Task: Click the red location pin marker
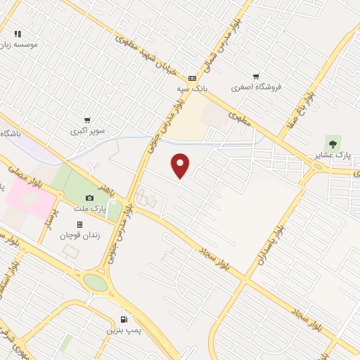click(x=181, y=165)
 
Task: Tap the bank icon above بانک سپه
click(x=192, y=79)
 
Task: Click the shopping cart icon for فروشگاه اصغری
click(x=256, y=77)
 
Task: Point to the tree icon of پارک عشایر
click(x=333, y=144)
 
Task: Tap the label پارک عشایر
click(x=333, y=155)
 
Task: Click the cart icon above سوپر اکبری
click(x=87, y=120)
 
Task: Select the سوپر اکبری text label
click(x=87, y=131)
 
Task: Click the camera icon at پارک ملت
click(x=89, y=198)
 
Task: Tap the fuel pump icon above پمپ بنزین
click(x=124, y=319)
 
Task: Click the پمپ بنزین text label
click(x=120, y=330)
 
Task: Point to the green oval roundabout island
click(x=95, y=283)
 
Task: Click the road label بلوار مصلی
click(x=26, y=175)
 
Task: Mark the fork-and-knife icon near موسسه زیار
click(x=18, y=33)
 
